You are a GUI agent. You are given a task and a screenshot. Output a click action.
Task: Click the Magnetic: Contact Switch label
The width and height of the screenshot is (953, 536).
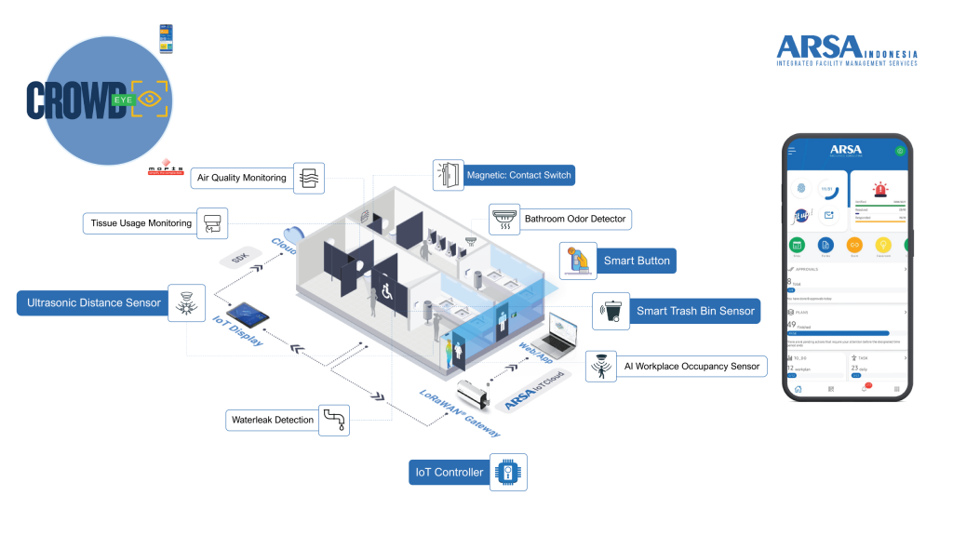(x=518, y=175)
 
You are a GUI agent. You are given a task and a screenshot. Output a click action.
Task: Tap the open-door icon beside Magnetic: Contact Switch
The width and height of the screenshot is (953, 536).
(x=448, y=175)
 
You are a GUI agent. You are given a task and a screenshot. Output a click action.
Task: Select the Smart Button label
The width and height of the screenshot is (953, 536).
(x=637, y=261)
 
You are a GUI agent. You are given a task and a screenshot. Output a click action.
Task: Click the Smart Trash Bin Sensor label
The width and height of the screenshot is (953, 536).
(x=694, y=311)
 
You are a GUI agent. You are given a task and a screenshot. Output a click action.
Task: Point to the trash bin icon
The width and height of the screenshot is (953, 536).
(x=609, y=310)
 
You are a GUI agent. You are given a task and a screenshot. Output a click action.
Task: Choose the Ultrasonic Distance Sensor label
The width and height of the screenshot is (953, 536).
(x=93, y=303)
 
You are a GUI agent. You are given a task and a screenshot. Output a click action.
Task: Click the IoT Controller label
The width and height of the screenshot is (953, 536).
(x=449, y=473)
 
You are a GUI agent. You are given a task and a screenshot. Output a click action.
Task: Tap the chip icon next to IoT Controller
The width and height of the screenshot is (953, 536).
(x=508, y=473)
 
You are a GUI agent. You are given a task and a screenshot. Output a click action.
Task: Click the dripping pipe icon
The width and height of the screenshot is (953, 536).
(x=333, y=420)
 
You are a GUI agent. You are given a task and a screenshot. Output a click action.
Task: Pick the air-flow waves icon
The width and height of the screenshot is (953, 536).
(x=309, y=178)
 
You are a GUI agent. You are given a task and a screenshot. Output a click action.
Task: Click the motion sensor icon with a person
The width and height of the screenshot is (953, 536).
(x=600, y=366)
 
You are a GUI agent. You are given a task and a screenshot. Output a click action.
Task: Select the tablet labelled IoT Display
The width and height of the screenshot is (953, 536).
(x=248, y=314)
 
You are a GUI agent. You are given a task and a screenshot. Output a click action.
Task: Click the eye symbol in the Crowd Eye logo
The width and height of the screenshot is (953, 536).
(x=152, y=100)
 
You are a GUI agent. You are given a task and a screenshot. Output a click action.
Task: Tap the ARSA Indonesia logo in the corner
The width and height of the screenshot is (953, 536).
(x=846, y=50)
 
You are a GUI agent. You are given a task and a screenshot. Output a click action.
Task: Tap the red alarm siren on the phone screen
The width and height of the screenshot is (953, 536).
(x=879, y=189)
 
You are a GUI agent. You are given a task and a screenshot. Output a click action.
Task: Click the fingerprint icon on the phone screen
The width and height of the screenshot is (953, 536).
(x=801, y=189)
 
